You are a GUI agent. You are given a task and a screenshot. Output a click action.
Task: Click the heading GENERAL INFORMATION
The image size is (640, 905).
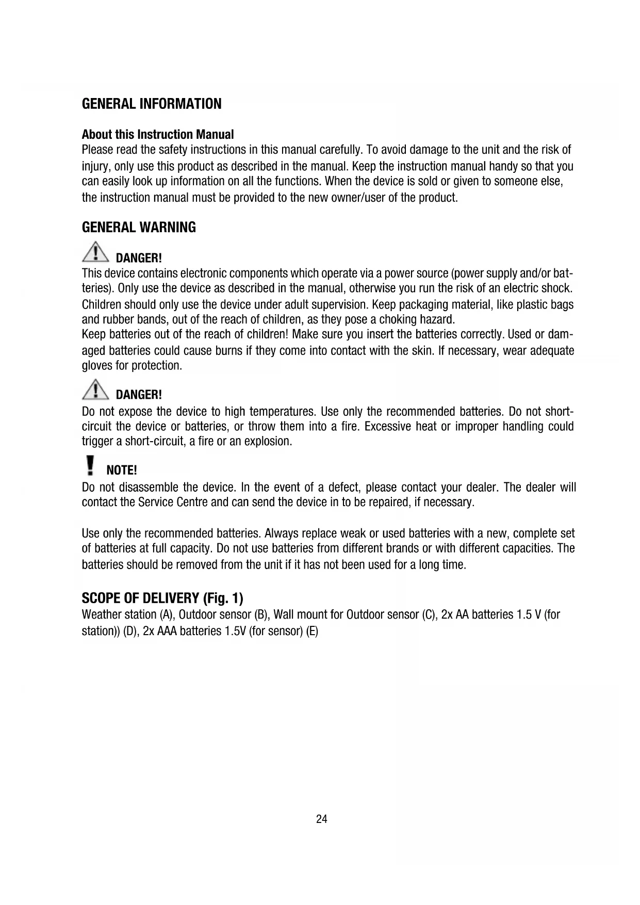tap(152, 104)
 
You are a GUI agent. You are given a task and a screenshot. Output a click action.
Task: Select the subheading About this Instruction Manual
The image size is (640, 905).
tap(158, 135)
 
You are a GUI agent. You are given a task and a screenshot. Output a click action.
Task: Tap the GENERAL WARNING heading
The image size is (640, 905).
tap(139, 228)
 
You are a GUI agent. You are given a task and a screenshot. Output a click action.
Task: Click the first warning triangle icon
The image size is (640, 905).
tap(95, 252)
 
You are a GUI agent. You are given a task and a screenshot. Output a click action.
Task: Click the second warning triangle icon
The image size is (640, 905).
tap(95, 390)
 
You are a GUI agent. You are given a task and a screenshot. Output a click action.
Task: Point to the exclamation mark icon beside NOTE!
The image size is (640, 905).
tap(91, 465)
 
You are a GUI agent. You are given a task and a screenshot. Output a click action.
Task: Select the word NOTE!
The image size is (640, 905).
tap(121, 470)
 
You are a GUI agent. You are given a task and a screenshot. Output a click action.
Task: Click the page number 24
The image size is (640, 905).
tap(322, 819)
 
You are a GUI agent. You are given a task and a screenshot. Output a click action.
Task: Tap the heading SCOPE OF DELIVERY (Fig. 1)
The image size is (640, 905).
tap(162, 599)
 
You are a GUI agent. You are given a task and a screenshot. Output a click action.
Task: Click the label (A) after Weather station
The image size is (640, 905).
tap(166, 615)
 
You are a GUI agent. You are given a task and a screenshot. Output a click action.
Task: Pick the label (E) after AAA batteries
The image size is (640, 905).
tap(312, 631)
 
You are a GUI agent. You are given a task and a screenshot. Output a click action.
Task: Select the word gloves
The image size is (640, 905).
tap(96, 366)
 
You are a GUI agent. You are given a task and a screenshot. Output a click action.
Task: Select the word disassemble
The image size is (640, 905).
tap(149, 488)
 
